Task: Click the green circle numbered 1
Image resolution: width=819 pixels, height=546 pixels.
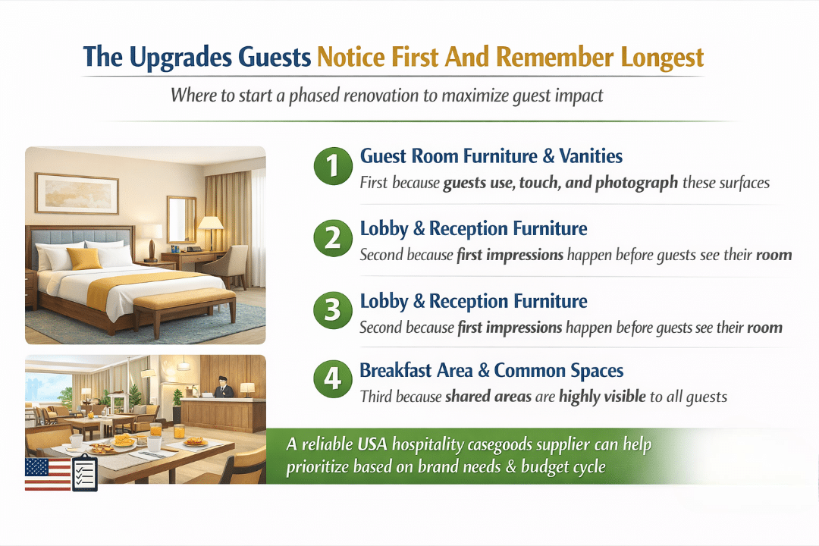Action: pyautogui.click(x=333, y=166)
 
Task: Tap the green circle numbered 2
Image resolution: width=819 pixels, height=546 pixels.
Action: pyautogui.click(x=333, y=238)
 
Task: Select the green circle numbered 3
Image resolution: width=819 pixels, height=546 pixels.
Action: pyautogui.click(x=333, y=310)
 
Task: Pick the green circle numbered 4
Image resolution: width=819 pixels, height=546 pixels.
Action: pyautogui.click(x=333, y=379)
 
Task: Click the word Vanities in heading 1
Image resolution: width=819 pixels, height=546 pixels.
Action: pyautogui.click(x=591, y=155)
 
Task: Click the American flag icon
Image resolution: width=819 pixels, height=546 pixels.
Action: pyautogui.click(x=48, y=475)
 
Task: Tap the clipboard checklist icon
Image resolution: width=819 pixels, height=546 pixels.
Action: pyautogui.click(x=85, y=472)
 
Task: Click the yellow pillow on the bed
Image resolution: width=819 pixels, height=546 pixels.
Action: pyautogui.click(x=83, y=258)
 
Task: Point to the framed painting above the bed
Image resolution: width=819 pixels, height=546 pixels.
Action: pyautogui.click(x=77, y=193)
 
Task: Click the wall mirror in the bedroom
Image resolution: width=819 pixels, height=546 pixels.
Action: pyautogui.click(x=181, y=219)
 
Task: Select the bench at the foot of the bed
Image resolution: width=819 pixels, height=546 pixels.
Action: pyautogui.click(x=184, y=309)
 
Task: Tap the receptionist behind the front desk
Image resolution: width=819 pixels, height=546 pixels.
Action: pyautogui.click(x=224, y=388)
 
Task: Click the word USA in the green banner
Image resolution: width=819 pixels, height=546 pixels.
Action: pyautogui.click(x=372, y=444)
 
